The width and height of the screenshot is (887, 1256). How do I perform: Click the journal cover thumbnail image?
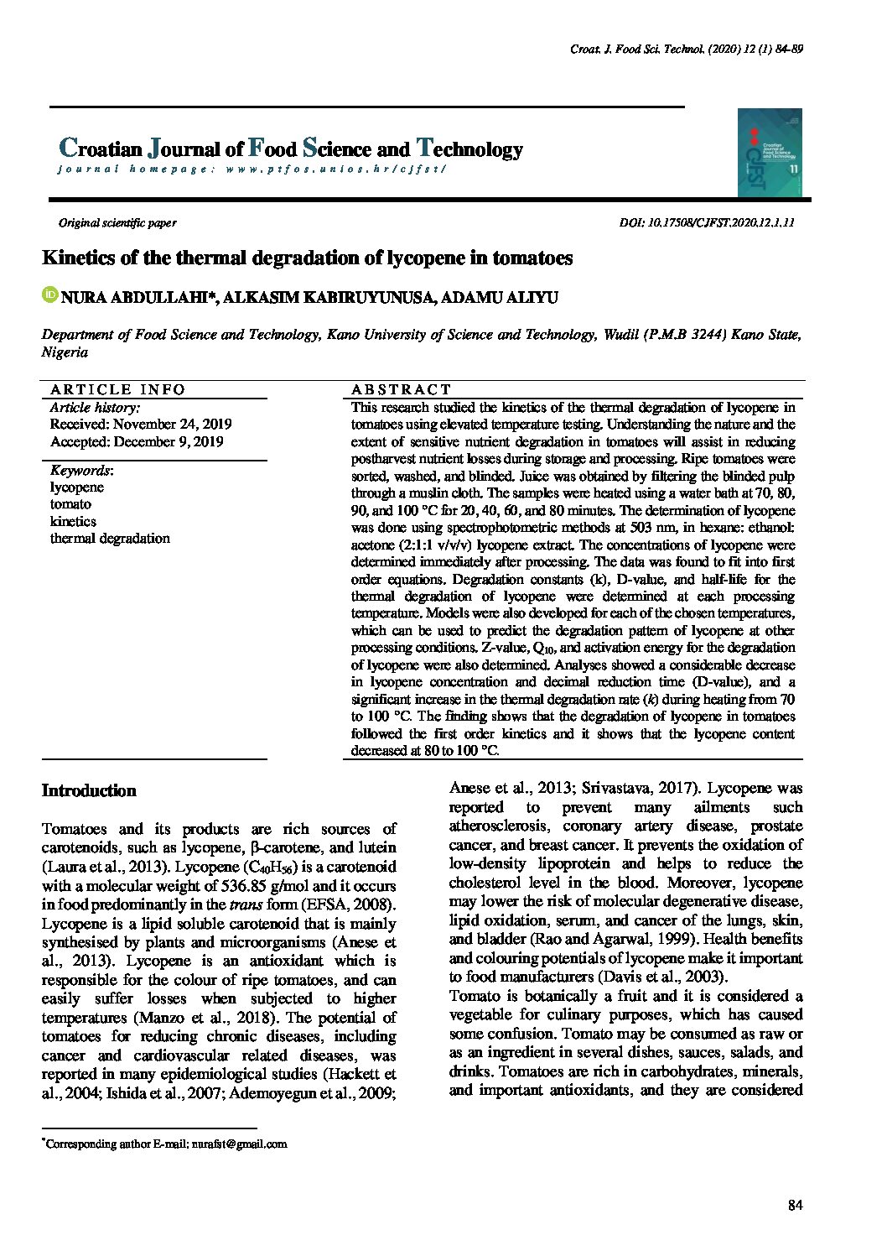(770, 153)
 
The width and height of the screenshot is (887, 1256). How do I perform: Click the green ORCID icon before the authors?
(49, 295)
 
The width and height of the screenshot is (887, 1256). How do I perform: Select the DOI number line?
(706, 223)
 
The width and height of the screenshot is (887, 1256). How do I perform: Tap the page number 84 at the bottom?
(796, 1206)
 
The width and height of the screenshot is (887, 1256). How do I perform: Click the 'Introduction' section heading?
(89, 791)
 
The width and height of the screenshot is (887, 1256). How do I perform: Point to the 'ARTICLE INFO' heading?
(117, 389)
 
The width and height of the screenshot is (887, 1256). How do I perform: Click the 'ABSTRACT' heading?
(401, 389)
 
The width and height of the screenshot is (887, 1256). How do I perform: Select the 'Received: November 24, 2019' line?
(141, 425)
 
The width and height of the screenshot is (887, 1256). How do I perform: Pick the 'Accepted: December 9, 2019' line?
(137, 442)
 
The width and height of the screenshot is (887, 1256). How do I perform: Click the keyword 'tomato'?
(70, 504)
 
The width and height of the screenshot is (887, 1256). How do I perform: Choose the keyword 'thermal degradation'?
(110, 539)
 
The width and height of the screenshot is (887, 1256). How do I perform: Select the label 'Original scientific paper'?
(117, 223)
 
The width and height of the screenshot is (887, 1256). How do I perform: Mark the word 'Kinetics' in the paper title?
(79, 258)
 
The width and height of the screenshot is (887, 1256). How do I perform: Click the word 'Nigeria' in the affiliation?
(65, 352)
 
